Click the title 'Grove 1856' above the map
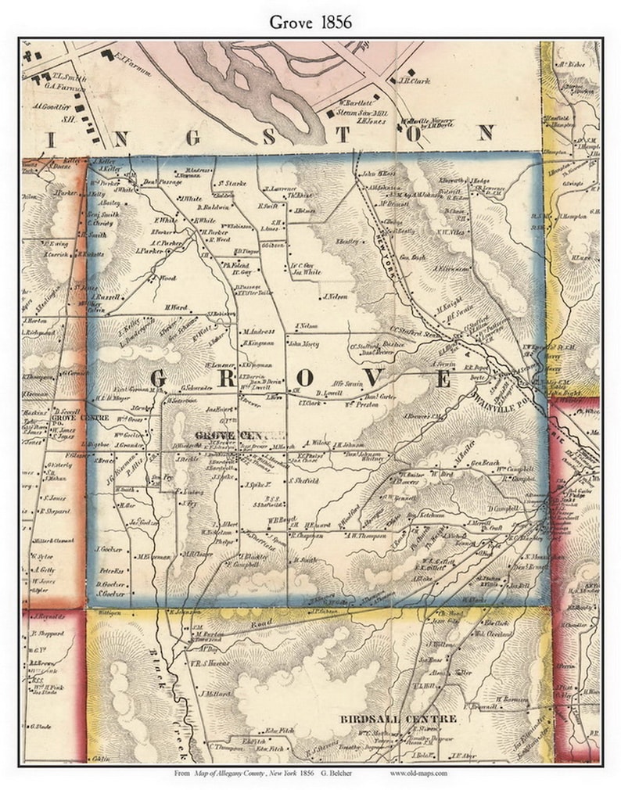pos(310,22)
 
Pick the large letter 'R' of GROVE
pos(233,379)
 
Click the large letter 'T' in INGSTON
pos(342,134)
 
